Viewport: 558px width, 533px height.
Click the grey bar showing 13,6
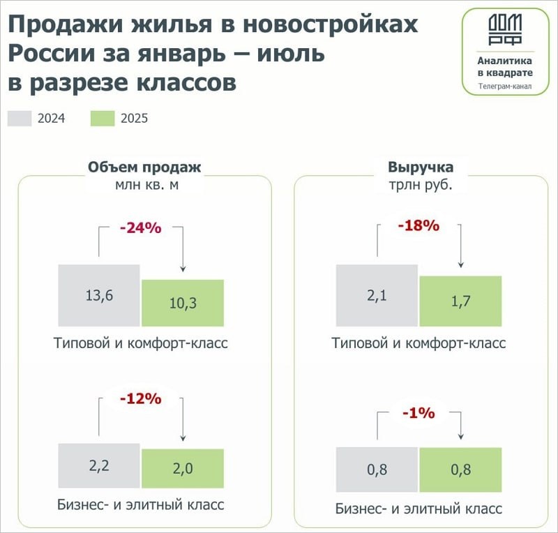point(99,295)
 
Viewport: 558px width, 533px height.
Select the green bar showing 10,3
point(183,303)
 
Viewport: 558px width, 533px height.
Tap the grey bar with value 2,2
point(99,467)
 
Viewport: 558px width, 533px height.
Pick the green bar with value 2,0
point(183,470)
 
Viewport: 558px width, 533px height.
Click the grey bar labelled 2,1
point(377,295)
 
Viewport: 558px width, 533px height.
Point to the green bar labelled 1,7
point(460,301)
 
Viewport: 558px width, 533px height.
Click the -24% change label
point(140,227)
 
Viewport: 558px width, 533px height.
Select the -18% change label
point(418,225)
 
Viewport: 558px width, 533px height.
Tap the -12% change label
point(140,399)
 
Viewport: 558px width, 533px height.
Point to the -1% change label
point(418,413)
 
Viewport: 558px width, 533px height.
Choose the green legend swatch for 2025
point(103,118)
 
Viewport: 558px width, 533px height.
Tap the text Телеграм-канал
point(505,87)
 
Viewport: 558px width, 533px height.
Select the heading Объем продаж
point(144,167)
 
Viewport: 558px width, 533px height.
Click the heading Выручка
point(421,167)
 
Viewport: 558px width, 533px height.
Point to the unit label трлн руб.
point(421,186)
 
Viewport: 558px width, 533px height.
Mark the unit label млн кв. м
point(144,186)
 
